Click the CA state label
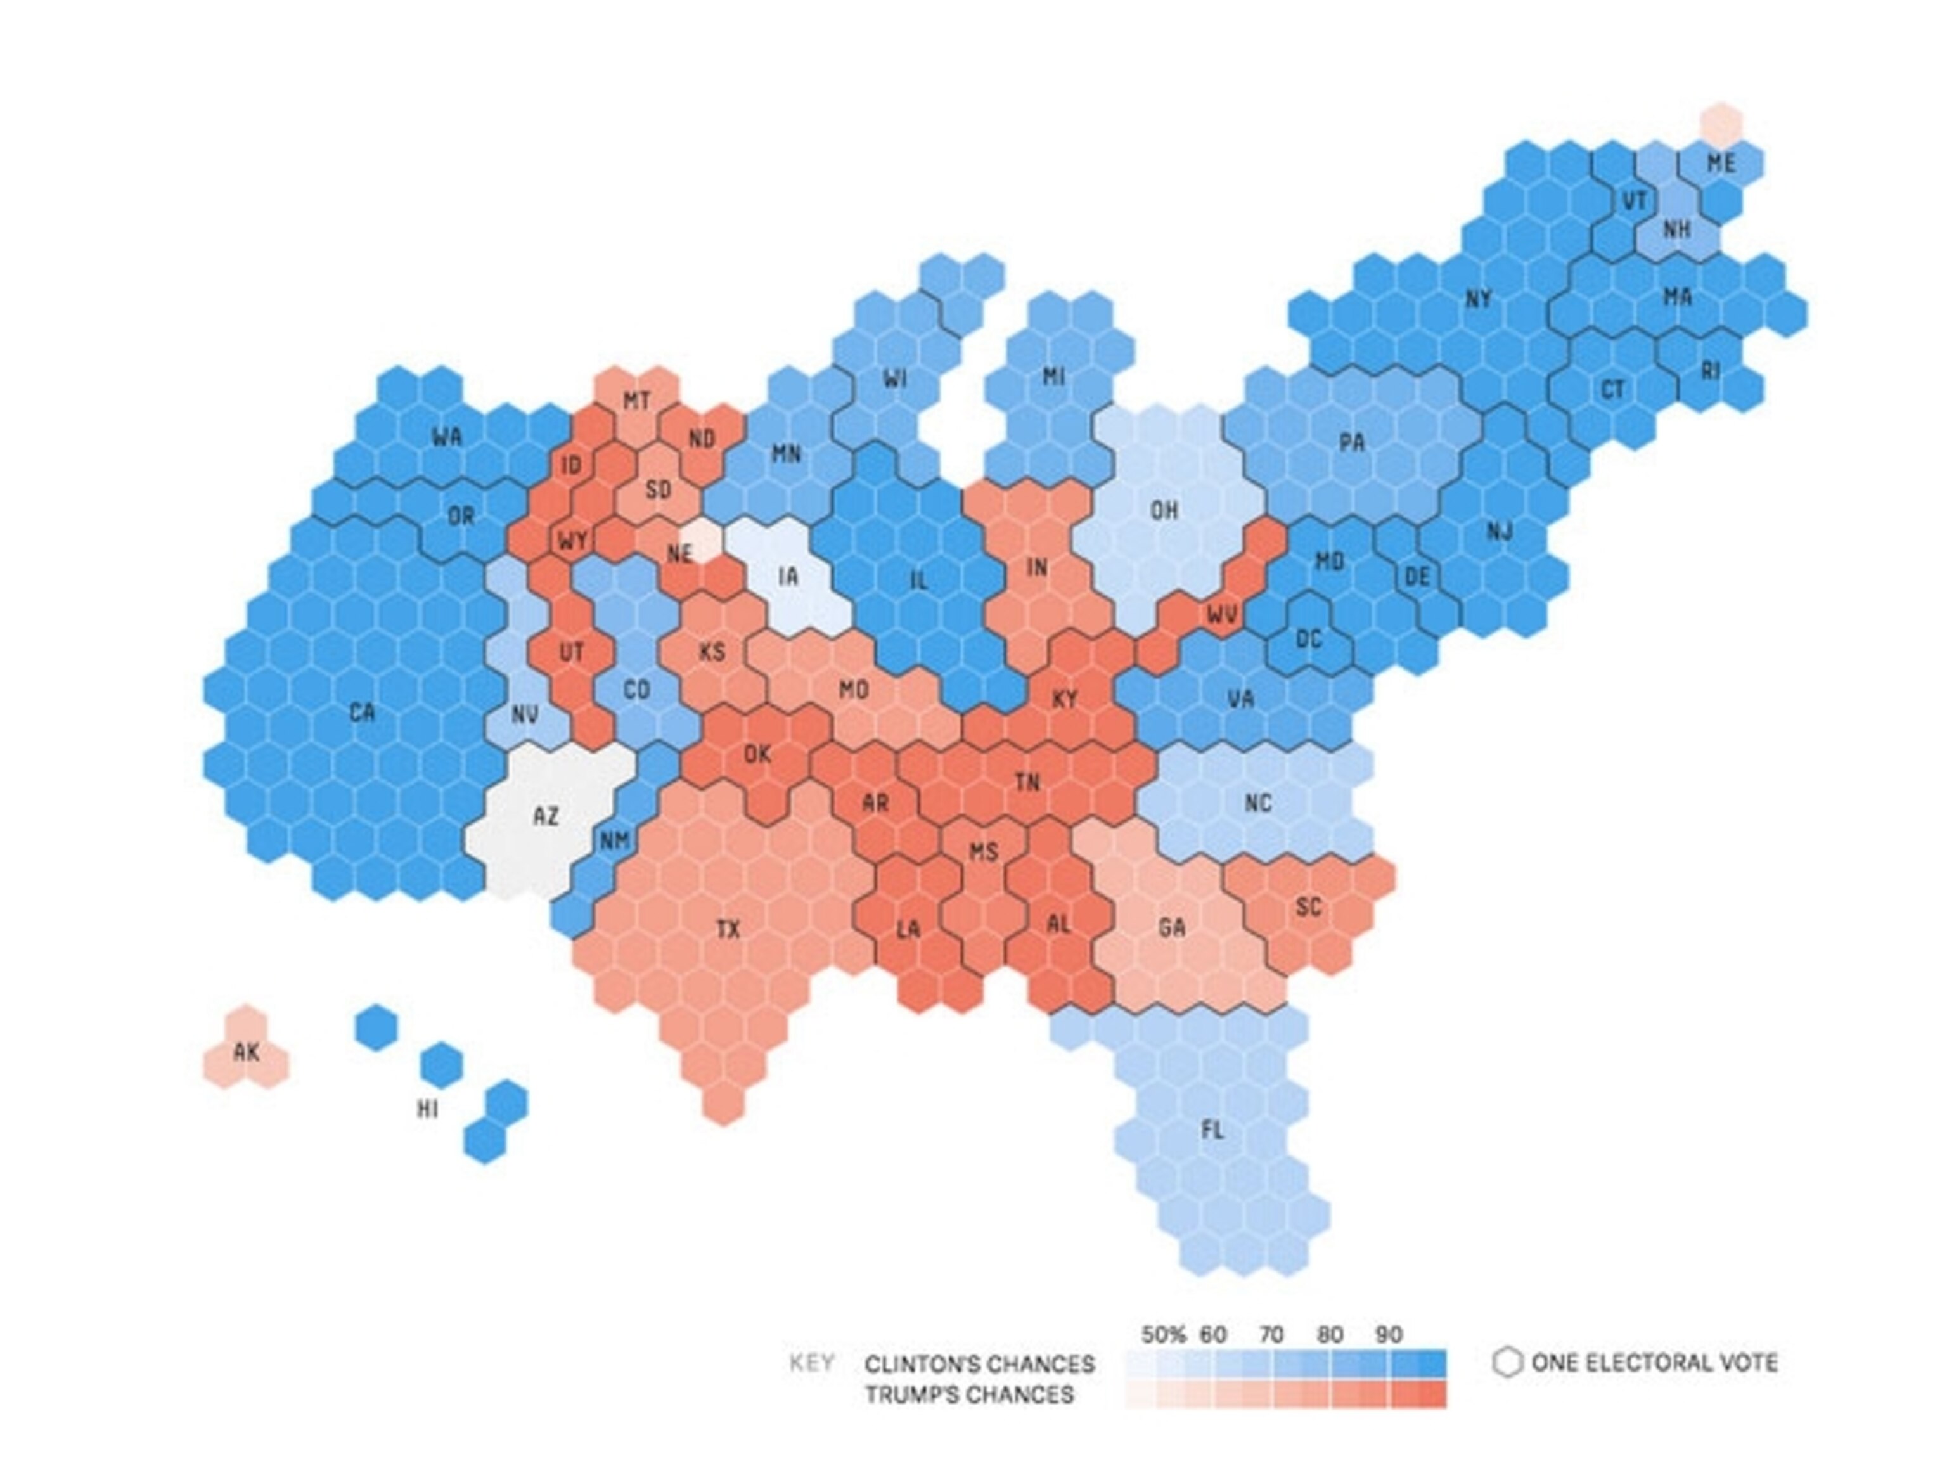362,712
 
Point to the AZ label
546,816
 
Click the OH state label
1164,510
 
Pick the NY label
1478,299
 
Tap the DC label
1309,639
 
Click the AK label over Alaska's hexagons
247,1052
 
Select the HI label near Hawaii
428,1109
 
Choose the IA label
788,577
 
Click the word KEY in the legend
811,1363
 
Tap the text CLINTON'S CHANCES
979,1364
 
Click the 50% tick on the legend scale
1164,1334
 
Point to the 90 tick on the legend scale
1388,1334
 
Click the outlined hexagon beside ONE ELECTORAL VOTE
1507,1362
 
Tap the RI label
1709,371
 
